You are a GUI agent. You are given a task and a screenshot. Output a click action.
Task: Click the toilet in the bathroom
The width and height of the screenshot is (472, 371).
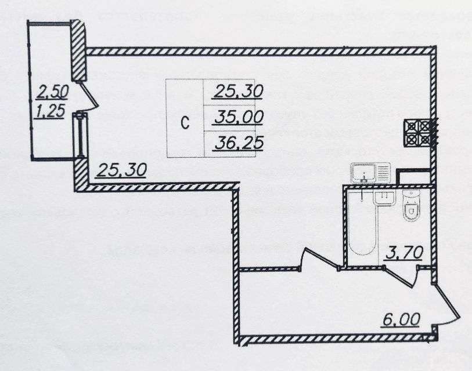click(411, 208)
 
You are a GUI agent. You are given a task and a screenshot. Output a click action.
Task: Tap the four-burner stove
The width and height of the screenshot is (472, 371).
click(418, 132)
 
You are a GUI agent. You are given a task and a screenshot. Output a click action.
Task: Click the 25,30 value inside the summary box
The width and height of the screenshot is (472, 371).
click(237, 91)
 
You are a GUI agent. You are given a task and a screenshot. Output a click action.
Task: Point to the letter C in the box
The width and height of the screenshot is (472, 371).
click(184, 123)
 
